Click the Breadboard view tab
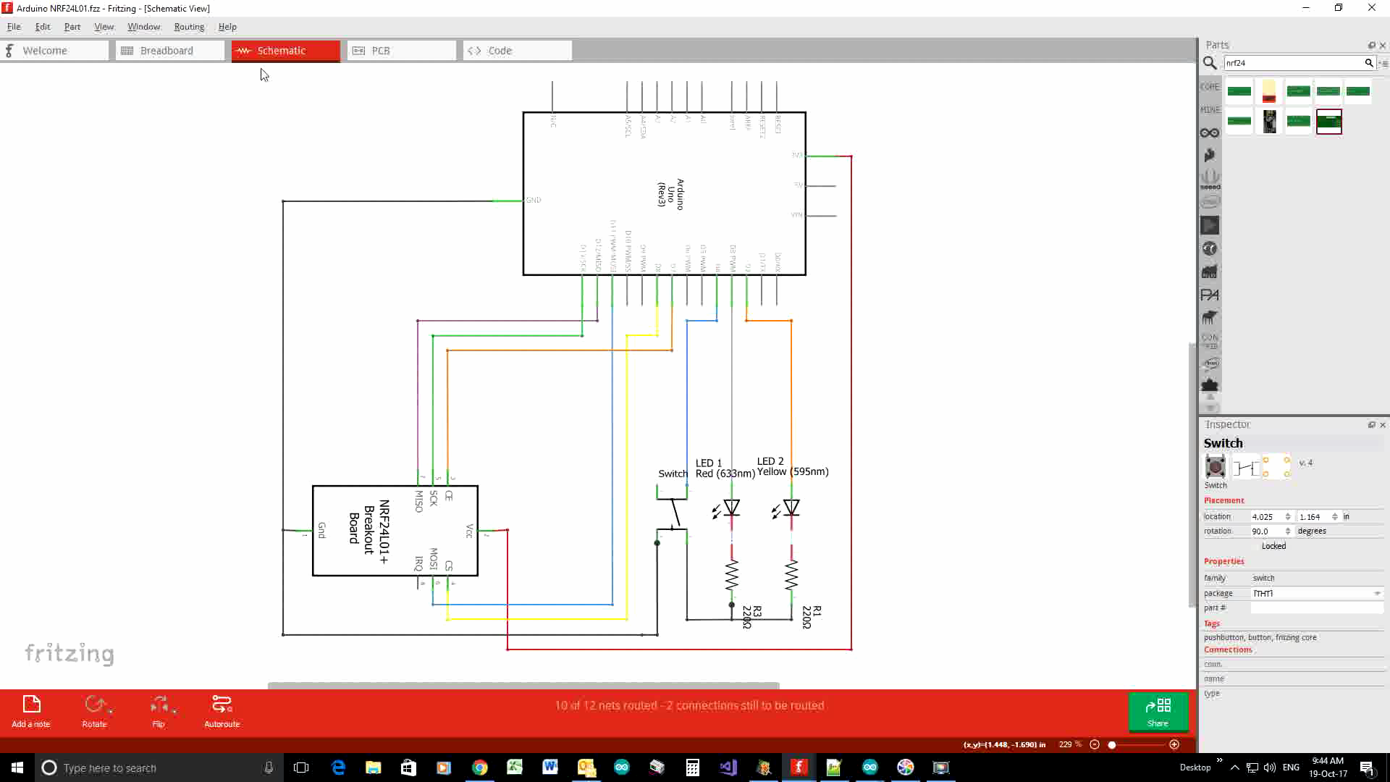tap(167, 51)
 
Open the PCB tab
tap(380, 51)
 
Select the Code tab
tap(500, 51)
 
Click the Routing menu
tap(189, 27)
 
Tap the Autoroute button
tap(222, 710)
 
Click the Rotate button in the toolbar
tap(94, 710)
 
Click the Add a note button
tap(31, 710)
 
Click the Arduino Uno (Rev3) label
tap(670, 194)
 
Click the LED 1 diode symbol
tap(731, 508)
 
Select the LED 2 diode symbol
tap(791, 508)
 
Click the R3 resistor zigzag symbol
tap(732, 575)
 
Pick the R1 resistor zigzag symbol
tap(791, 575)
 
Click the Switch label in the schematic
tap(673, 474)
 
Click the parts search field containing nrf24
tap(1292, 63)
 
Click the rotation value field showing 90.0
tap(1266, 531)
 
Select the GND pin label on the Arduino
tap(534, 201)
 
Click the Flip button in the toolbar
tap(159, 710)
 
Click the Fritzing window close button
tap(1371, 8)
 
